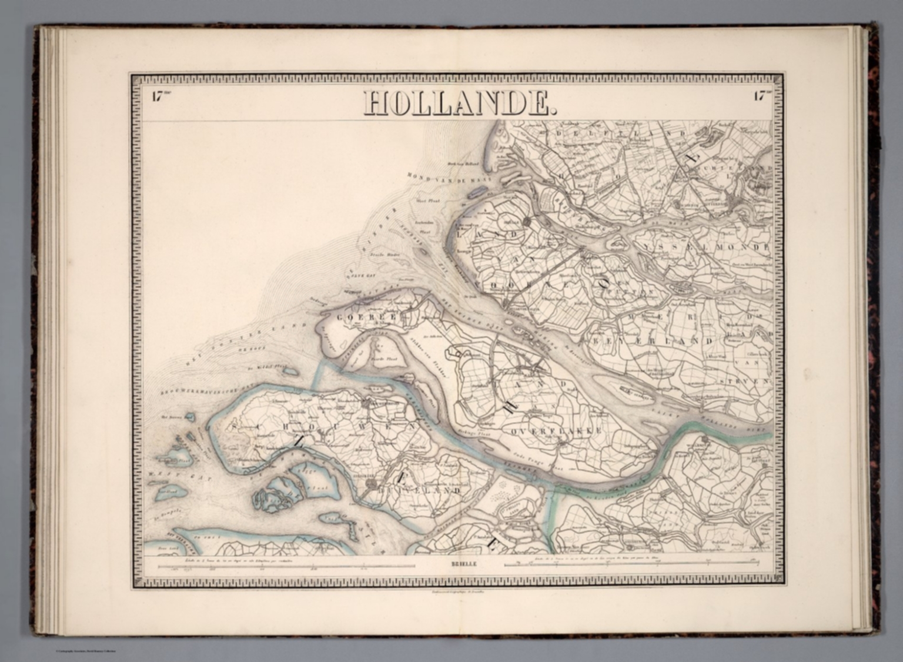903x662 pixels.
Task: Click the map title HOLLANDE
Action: click(458, 103)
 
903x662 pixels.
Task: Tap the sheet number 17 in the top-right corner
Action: click(761, 98)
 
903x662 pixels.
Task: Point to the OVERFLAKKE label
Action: click(556, 431)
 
